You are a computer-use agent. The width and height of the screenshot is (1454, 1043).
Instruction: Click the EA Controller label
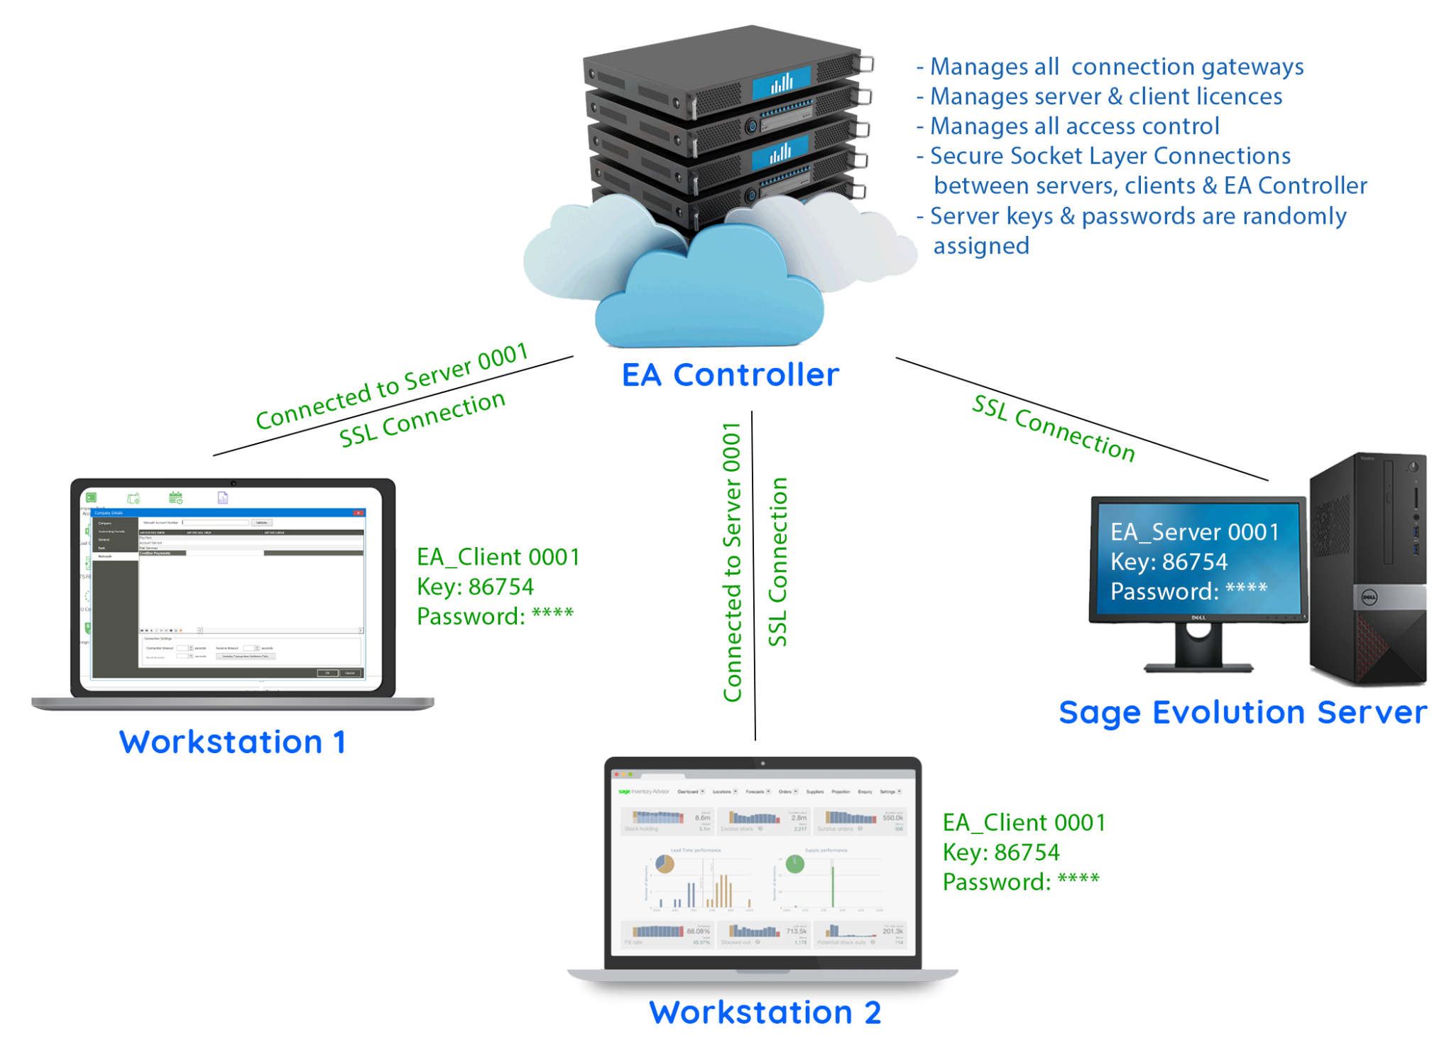tap(730, 375)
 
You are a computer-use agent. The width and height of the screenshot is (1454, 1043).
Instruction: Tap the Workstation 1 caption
tap(232, 742)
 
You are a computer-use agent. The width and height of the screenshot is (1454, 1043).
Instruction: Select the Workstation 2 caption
tap(765, 1012)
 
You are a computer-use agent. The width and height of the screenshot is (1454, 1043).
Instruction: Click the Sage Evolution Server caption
tap(1242, 713)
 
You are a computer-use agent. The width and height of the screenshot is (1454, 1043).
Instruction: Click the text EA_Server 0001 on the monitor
tap(1195, 532)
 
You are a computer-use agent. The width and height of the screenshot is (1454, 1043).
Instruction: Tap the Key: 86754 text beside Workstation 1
tap(475, 587)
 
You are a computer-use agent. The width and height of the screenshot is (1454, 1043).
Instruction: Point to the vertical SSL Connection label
tap(778, 561)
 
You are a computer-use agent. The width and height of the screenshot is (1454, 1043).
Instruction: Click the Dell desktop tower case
tap(1367, 568)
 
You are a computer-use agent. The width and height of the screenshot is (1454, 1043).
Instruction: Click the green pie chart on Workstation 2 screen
tap(794, 863)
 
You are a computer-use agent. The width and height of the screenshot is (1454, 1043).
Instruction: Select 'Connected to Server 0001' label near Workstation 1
tap(392, 387)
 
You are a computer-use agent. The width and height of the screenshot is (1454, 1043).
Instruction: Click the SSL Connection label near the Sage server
tap(1054, 428)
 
